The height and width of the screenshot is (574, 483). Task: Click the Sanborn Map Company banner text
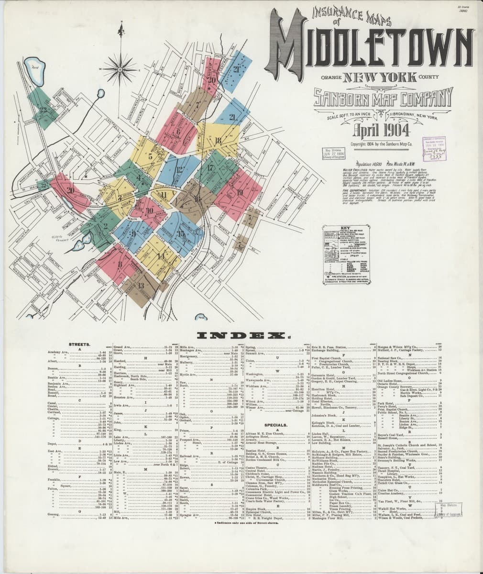tap(383, 99)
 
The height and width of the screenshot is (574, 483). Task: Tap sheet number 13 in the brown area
tap(141, 286)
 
